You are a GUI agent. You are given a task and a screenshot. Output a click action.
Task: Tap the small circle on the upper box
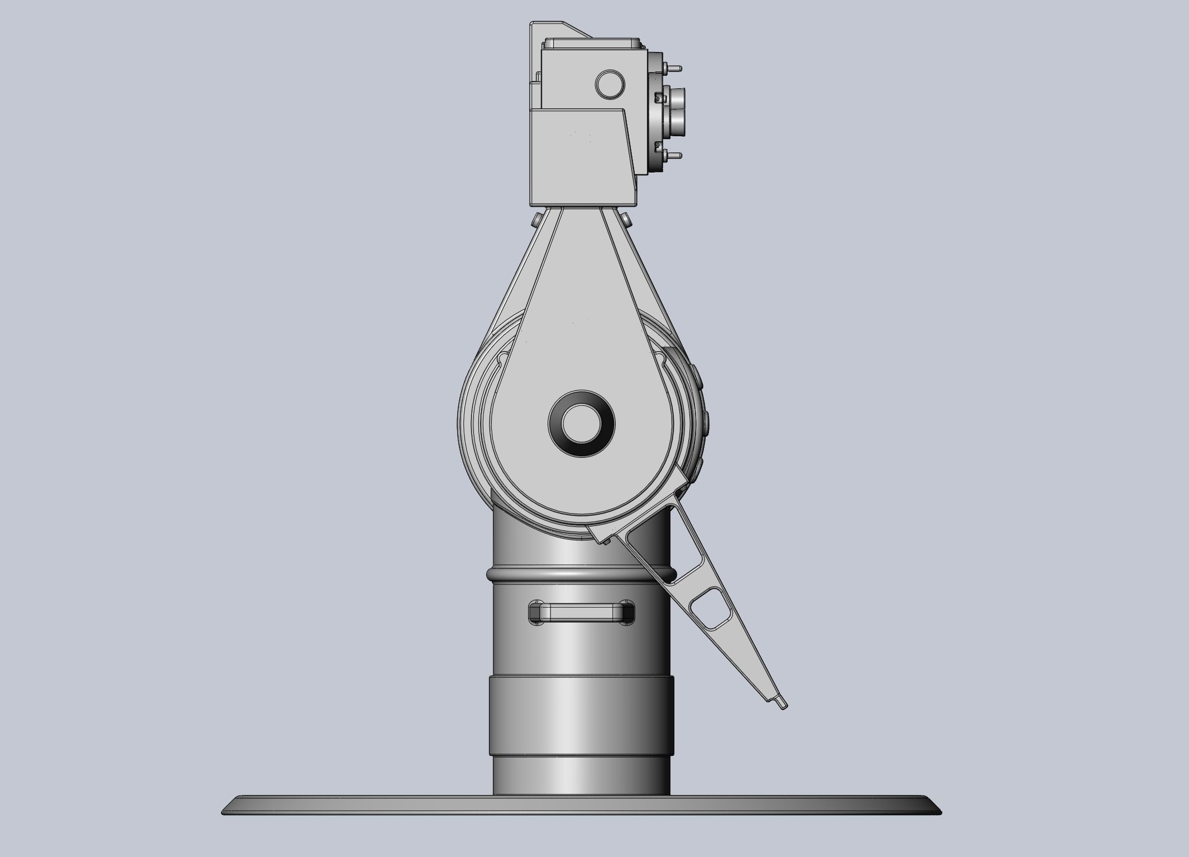click(x=610, y=84)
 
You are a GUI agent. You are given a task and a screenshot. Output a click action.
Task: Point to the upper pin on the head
click(x=674, y=68)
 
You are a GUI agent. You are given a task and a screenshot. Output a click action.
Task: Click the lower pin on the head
click(x=674, y=156)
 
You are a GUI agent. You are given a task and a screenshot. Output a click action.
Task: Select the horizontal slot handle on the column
click(x=581, y=612)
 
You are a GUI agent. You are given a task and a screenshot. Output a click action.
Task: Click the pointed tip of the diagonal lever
click(x=783, y=705)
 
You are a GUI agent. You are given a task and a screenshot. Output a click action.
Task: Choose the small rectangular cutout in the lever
click(x=712, y=611)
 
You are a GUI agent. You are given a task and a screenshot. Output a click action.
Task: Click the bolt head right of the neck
click(x=627, y=218)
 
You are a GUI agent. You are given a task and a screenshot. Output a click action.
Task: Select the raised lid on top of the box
click(x=593, y=42)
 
